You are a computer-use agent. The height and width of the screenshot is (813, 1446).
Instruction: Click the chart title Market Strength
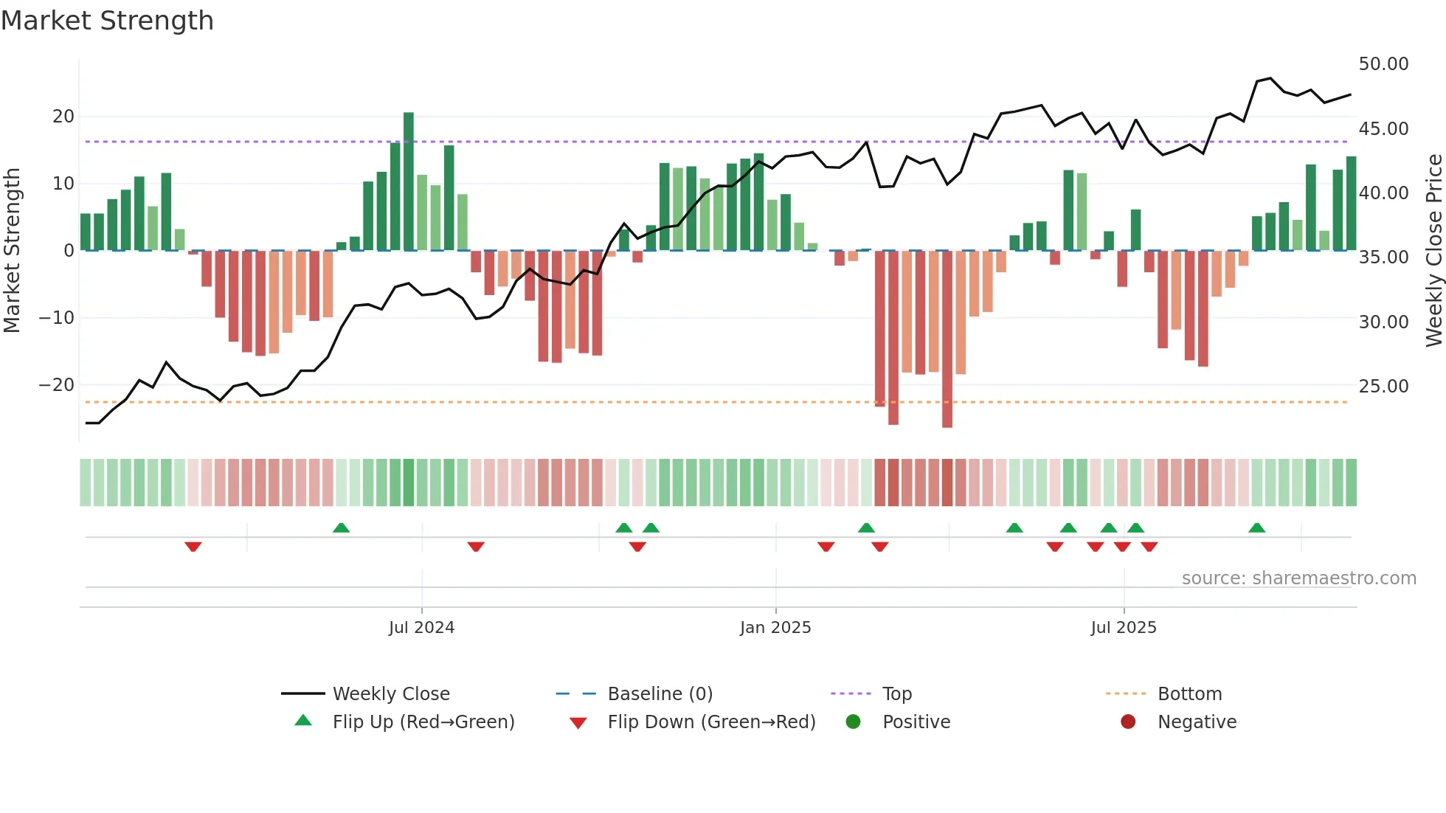[x=107, y=21]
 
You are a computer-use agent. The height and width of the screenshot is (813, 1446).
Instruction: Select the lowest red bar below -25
[x=947, y=339]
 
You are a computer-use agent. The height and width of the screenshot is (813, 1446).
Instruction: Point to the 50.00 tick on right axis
[x=1383, y=64]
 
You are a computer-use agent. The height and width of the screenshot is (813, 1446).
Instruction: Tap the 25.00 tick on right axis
[x=1383, y=386]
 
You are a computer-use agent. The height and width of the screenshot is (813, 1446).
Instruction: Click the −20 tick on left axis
[x=56, y=385]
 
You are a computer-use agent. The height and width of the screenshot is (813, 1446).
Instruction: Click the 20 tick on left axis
[x=63, y=117]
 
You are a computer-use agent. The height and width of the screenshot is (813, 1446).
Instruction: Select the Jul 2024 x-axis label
[x=421, y=628]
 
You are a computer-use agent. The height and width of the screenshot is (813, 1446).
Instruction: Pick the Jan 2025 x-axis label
[x=775, y=628]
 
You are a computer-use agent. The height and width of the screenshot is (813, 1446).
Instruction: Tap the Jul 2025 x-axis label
[x=1124, y=628]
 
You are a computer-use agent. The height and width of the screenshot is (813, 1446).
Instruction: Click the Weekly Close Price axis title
[x=1433, y=251]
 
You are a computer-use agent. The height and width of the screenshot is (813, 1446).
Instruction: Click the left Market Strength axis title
[x=12, y=251]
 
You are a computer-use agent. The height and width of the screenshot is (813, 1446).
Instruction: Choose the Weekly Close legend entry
[x=390, y=694]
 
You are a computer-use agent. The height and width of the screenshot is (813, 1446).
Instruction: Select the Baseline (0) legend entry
[x=660, y=694]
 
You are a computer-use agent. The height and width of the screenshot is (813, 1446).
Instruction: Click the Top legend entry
[x=896, y=694]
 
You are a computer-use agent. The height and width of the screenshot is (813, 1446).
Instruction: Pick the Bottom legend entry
[x=1189, y=694]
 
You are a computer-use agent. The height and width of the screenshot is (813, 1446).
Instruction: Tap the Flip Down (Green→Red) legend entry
[x=710, y=722]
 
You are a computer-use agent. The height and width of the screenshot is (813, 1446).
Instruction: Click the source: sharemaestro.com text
[x=1298, y=578]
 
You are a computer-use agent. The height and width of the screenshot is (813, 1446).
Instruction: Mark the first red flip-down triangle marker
[x=193, y=547]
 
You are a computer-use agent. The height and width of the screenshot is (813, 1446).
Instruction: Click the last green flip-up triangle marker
[x=1257, y=527]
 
